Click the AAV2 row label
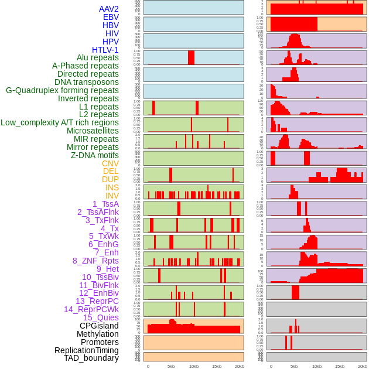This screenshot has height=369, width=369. [108, 9]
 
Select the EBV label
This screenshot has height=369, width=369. [111, 17]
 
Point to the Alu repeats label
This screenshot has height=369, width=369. [97, 57]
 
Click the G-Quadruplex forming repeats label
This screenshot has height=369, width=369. [62, 90]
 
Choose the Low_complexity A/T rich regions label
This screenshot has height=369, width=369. [60, 122]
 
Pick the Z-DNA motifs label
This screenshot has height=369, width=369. [94, 155]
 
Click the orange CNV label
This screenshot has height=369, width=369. [110, 163]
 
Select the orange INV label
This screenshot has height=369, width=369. [112, 196]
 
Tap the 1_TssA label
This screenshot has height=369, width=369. [105, 204]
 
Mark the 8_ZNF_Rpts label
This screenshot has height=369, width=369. [95, 261]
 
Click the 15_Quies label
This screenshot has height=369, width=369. [101, 317]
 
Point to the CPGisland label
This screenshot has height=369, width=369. [99, 326]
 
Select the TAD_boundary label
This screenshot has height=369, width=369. [91, 358]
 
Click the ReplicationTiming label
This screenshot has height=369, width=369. [86, 350]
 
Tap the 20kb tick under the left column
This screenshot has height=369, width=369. [239, 366]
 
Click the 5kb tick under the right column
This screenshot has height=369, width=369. [294, 366]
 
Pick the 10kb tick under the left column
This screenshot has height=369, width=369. [193, 366]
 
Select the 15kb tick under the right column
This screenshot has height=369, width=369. [340, 366]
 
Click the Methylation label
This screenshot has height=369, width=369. [97, 334]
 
